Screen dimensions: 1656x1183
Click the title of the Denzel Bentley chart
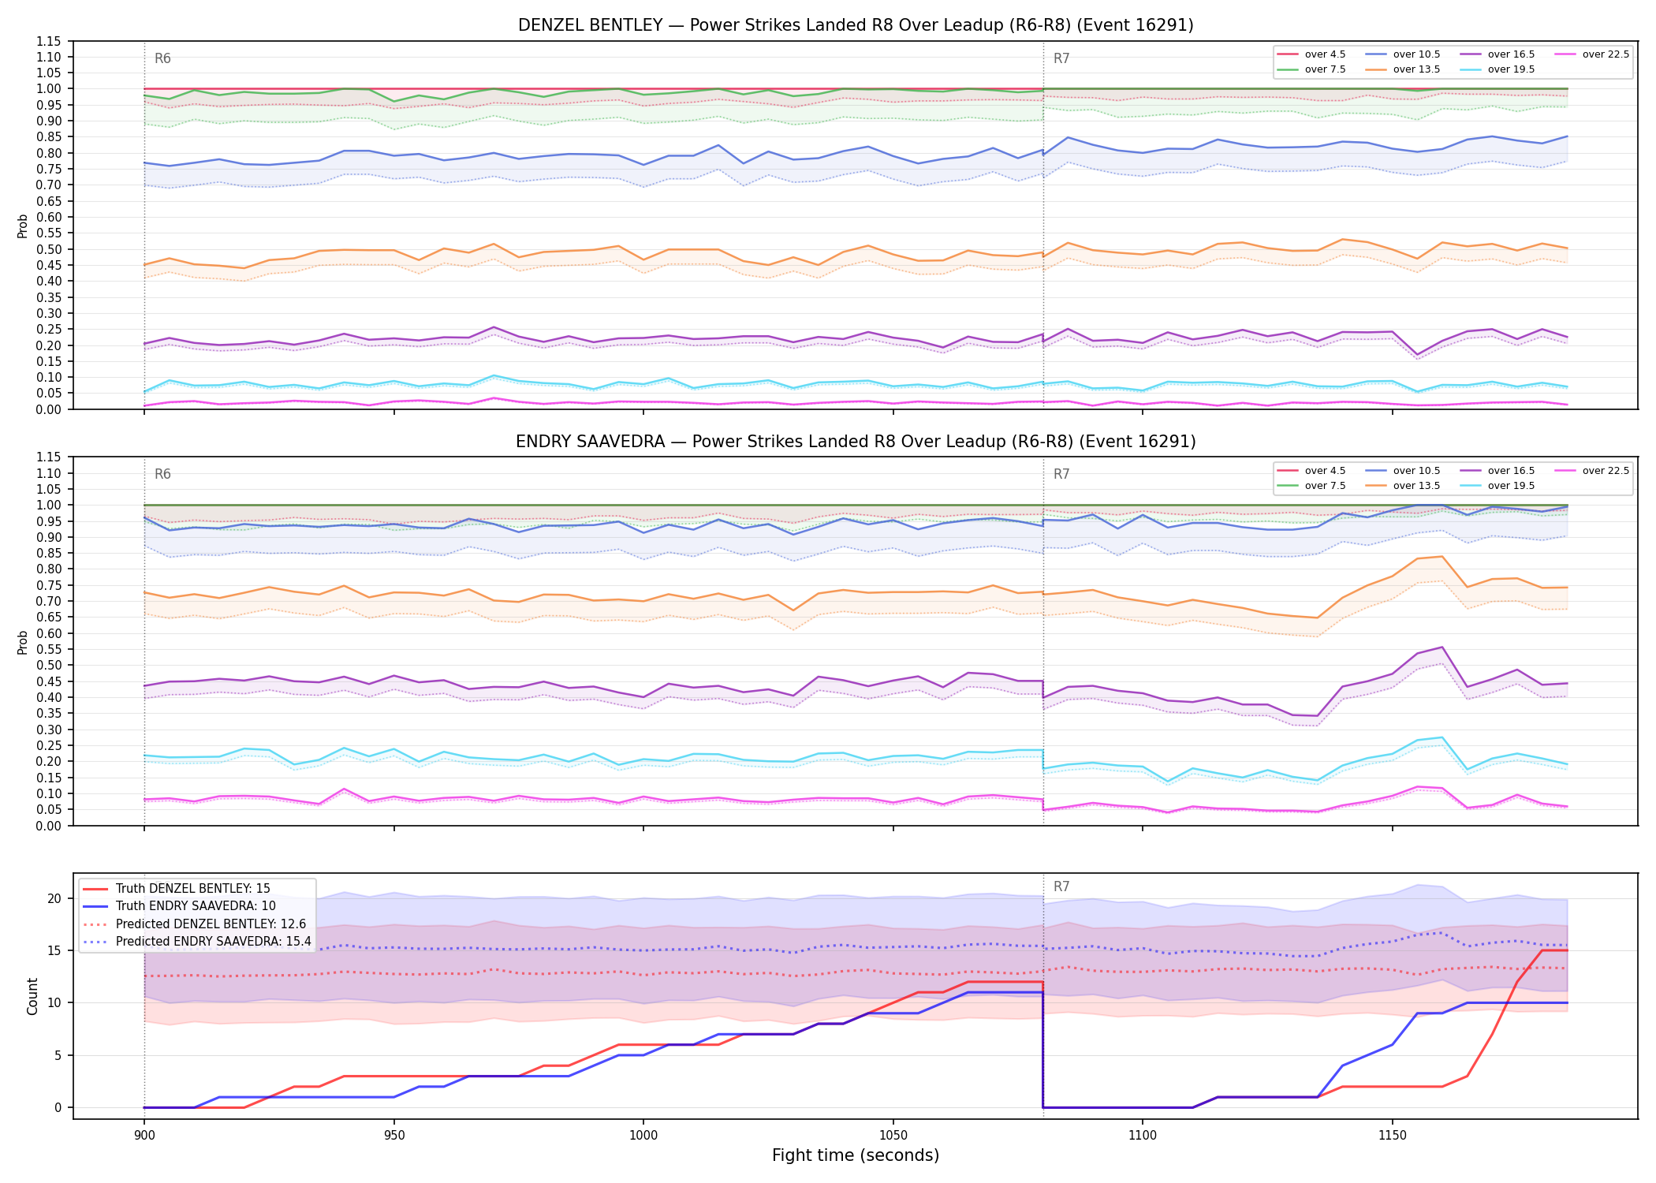coord(856,25)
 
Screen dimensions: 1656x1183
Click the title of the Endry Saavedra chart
coord(856,442)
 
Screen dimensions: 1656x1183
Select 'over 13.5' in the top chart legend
coord(1416,69)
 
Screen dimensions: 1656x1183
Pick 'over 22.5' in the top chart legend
coord(1606,54)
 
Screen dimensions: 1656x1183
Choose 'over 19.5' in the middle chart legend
coord(1511,486)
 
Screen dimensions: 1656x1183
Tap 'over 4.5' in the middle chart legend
coord(1325,471)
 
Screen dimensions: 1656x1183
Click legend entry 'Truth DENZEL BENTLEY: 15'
coord(192,889)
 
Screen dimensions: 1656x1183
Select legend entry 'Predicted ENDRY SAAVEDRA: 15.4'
coord(213,941)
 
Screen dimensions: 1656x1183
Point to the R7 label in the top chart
coord(1061,58)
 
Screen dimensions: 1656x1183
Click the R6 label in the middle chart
coord(162,474)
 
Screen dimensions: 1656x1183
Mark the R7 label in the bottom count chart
coord(1061,886)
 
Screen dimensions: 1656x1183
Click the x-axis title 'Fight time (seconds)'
coord(856,1155)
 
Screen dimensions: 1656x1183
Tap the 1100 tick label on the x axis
coord(1143,1136)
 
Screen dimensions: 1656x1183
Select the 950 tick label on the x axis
coord(393,1136)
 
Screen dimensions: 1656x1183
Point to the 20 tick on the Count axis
coord(54,898)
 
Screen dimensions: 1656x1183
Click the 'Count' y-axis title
coord(32,996)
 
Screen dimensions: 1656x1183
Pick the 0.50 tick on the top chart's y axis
coord(49,249)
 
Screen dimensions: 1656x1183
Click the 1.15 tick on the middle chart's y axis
coord(49,457)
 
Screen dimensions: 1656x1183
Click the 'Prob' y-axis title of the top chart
coord(22,226)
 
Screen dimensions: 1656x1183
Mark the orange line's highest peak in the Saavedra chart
coord(1442,557)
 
